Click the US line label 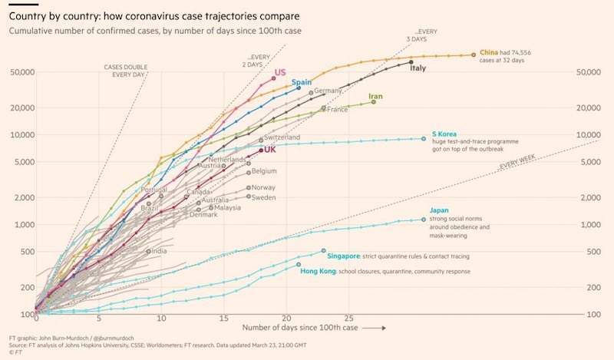point(280,72)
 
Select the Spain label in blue point(301,82)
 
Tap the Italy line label point(418,68)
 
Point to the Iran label point(375,97)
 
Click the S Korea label point(444,134)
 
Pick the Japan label point(440,210)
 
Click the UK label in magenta point(270,150)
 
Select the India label point(160,251)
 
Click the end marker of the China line point(474,54)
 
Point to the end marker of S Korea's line point(424,139)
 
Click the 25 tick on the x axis point(348,318)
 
